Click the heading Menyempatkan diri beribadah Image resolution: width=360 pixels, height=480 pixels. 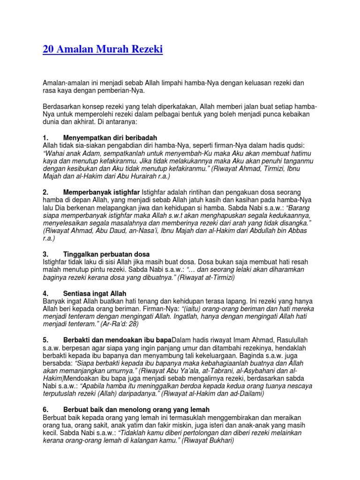tap(110, 138)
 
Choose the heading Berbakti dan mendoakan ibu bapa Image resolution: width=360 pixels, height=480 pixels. tap(117, 339)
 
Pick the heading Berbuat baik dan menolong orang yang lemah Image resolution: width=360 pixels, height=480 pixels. tap(136, 410)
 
